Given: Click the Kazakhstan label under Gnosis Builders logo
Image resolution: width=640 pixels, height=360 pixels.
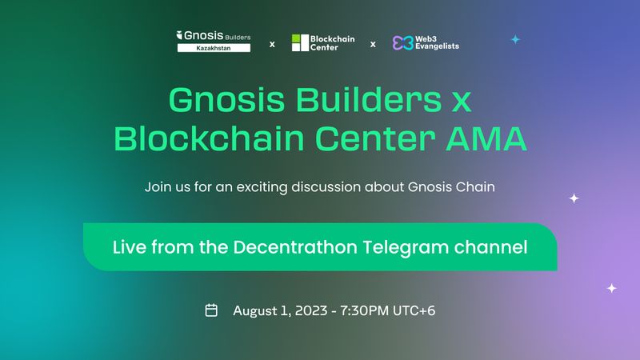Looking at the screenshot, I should pyautogui.click(x=213, y=48).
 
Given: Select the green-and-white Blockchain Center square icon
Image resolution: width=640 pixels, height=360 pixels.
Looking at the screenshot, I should pyautogui.click(x=299, y=42).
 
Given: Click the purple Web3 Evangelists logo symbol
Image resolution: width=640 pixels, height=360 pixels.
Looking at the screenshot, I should pyautogui.click(x=402, y=42).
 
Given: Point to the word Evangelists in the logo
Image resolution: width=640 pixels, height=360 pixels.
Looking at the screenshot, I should pyautogui.click(x=438, y=47).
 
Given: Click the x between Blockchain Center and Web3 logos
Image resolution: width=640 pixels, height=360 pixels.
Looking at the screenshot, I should pyautogui.click(x=373, y=44).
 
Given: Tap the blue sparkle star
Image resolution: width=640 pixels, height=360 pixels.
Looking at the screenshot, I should pyautogui.click(x=515, y=38).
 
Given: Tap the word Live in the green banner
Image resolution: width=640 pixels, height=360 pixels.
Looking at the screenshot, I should pyautogui.click(x=127, y=247).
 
